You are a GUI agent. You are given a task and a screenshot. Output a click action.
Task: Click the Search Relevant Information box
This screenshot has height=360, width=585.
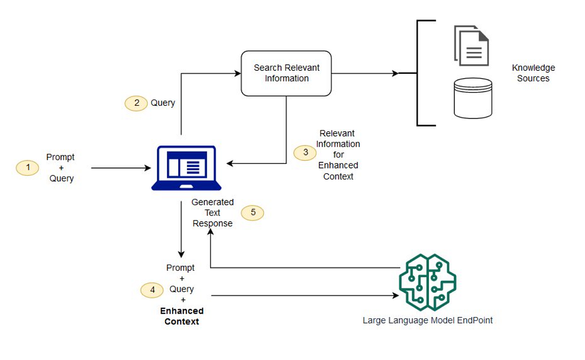[x=286, y=74]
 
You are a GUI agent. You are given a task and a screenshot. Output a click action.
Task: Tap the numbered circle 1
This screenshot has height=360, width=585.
[x=27, y=167]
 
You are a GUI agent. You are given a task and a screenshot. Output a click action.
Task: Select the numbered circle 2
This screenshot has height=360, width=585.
[x=136, y=103]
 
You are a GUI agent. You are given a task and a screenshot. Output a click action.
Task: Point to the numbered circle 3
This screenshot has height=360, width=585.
[x=305, y=153]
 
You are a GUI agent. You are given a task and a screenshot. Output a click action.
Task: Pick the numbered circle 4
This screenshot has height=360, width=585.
[x=152, y=290]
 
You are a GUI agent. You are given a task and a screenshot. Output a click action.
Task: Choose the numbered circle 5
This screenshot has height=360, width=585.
[x=253, y=213]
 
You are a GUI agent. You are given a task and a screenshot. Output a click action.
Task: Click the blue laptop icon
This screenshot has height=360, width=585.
[x=186, y=168]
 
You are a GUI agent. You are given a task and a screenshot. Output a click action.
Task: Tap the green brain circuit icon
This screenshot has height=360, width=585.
[x=427, y=282]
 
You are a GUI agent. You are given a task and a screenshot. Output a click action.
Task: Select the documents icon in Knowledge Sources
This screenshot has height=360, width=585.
[x=471, y=46]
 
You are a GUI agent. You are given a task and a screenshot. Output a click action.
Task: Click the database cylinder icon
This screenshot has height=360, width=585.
[x=472, y=98]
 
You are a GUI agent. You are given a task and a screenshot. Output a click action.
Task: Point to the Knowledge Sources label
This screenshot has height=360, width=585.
[x=533, y=73]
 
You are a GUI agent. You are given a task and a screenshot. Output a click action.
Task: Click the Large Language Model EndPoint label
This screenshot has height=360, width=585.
[x=427, y=321]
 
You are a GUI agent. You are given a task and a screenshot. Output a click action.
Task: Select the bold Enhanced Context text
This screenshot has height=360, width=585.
[x=182, y=316]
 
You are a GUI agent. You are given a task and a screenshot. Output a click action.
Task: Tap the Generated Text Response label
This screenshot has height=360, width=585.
[x=213, y=213]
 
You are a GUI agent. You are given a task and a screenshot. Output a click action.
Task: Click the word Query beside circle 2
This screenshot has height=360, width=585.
[x=163, y=103]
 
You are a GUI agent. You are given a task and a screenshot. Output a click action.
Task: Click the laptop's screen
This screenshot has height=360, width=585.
[x=187, y=164]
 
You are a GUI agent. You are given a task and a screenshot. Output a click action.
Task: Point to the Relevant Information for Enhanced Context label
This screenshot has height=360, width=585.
[x=338, y=155]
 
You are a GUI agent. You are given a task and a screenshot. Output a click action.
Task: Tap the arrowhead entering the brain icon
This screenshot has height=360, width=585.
[x=396, y=295]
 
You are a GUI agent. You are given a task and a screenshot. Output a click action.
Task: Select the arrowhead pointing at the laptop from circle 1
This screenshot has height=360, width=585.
[x=148, y=168]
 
